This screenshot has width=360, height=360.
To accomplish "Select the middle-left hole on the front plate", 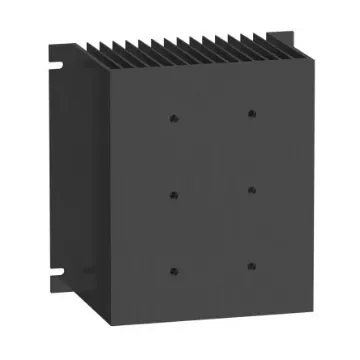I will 173,195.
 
